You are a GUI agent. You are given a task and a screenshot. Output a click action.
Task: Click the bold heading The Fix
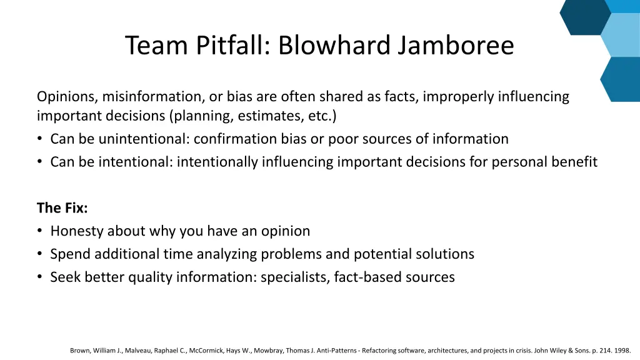pyautogui.click(x=62, y=208)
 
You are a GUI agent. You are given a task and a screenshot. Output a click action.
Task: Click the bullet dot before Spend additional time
pyautogui.click(x=40, y=254)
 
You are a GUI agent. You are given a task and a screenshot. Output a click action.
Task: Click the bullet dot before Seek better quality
pyautogui.click(x=40, y=277)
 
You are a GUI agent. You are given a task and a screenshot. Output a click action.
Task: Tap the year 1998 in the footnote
pyautogui.click(x=622, y=351)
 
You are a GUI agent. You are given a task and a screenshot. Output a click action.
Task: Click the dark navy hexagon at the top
pyautogui.click(x=584, y=16)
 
